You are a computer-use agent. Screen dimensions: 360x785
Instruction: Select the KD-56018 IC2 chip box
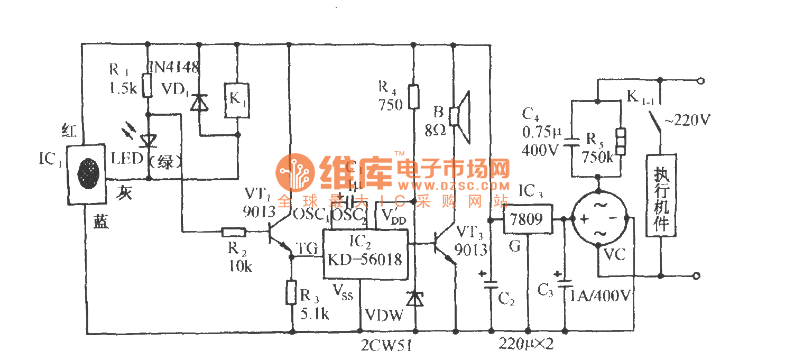[365, 254]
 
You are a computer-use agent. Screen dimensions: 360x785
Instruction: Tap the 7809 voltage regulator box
[527, 219]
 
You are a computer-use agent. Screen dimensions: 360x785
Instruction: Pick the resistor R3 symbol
[291, 292]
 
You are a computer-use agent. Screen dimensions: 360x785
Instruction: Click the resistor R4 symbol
[414, 97]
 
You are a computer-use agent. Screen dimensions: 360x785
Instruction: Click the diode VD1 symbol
[199, 102]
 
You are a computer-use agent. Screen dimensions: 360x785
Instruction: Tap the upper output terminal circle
[701, 81]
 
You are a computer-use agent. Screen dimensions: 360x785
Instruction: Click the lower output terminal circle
[697, 275]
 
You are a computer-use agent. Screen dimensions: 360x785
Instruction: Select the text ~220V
[685, 121]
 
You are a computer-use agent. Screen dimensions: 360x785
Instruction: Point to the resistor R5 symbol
[620, 141]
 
